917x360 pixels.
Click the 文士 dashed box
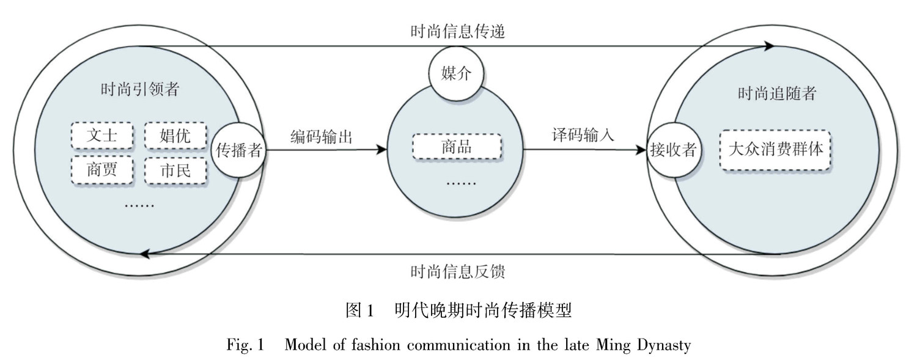(102, 136)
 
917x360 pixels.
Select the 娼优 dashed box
(175, 136)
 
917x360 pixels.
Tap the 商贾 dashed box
(102, 170)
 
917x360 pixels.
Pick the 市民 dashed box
(175, 171)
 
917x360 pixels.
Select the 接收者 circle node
(673, 149)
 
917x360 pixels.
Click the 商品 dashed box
(457, 147)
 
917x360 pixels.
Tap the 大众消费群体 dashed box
(776, 149)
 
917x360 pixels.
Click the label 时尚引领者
(140, 89)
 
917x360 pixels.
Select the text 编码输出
(322, 136)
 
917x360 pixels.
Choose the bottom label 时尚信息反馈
(458, 271)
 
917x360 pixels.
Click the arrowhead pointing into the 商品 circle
(383, 149)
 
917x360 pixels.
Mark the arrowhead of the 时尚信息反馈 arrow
(145, 254)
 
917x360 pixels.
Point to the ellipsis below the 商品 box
(456, 181)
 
